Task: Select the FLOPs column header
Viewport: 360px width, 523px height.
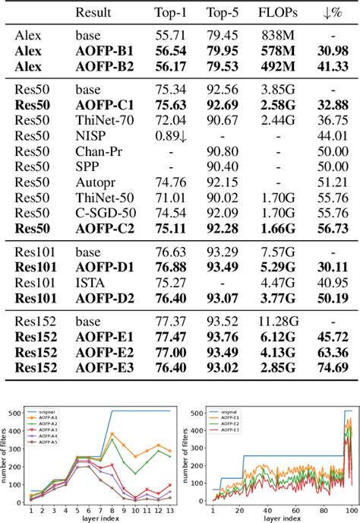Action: pos(272,12)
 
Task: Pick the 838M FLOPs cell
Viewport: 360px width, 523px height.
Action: pos(273,36)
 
